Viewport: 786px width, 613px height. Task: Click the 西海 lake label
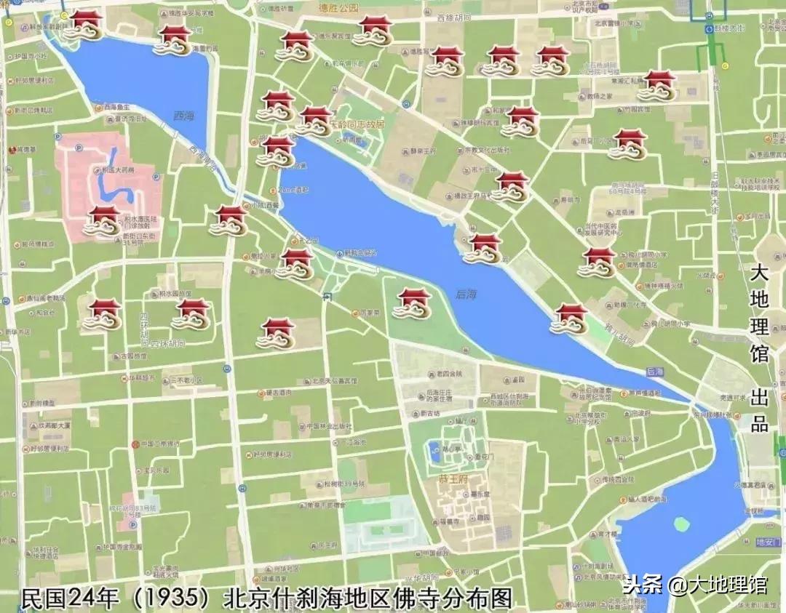click(x=184, y=116)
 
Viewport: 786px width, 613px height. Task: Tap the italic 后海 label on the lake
click(x=466, y=294)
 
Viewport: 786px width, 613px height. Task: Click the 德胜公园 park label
click(x=339, y=8)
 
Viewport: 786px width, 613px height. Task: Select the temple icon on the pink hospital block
click(x=103, y=220)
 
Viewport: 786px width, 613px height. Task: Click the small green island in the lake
click(x=682, y=524)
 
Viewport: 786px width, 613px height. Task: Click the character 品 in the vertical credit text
click(x=759, y=423)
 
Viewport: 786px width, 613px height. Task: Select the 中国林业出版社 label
click(x=332, y=426)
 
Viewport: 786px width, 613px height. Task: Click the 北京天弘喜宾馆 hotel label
click(x=334, y=380)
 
